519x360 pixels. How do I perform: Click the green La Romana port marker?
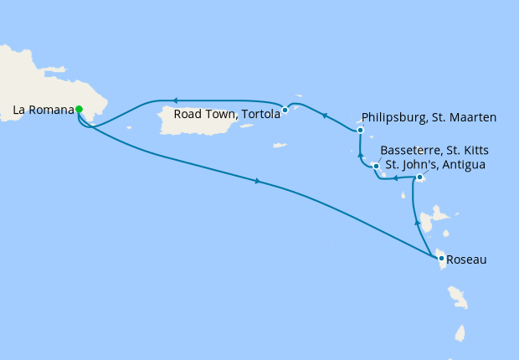tap(79, 109)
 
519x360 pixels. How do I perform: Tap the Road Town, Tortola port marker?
tap(285, 110)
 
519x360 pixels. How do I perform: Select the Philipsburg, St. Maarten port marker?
tap(360, 131)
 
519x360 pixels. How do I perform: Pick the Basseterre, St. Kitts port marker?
tap(377, 166)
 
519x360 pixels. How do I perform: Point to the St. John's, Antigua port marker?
tap(419, 177)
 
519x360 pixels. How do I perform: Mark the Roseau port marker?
tap(442, 259)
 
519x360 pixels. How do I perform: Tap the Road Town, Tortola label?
tap(226, 116)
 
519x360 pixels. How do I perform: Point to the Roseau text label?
tap(468, 260)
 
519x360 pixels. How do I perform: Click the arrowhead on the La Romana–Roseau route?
tap(257, 182)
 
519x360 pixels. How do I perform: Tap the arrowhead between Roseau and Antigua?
tap(417, 223)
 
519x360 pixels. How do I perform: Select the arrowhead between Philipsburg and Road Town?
tap(325, 116)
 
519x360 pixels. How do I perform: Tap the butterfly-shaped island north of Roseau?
tap(429, 222)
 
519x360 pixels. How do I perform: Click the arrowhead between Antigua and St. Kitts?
tap(396, 178)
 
